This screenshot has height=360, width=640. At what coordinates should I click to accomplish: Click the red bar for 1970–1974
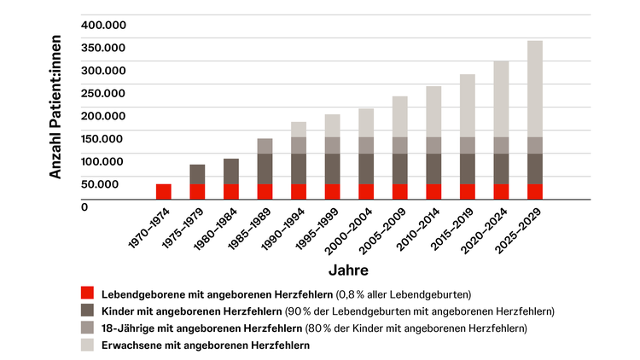coord(163,191)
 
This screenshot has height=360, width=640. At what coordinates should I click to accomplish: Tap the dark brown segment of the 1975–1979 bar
coord(197,174)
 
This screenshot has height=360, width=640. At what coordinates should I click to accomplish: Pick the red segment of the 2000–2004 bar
coord(366,191)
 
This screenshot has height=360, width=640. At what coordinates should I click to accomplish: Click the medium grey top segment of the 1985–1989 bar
coord(265,146)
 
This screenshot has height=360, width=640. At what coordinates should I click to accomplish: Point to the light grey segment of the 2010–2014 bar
coord(433,112)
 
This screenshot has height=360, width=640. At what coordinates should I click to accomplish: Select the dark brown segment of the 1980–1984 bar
coord(230,171)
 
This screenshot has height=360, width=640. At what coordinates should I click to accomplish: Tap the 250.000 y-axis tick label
coord(103,93)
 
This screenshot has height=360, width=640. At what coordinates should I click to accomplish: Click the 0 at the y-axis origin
coord(84,206)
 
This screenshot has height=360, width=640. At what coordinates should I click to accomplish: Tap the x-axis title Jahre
coord(348,270)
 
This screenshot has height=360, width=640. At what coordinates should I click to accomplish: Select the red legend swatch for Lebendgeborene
coord(87,293)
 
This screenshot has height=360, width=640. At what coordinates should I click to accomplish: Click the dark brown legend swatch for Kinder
coord(87,311)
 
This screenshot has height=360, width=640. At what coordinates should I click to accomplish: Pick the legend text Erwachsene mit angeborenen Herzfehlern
coord(206,345)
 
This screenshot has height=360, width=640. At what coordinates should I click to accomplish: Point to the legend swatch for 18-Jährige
coord(87,328)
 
